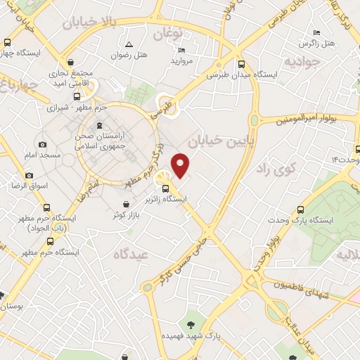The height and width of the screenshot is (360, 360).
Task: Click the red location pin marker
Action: [x=181, y=166]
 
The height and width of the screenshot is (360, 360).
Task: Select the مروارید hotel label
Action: [x=182, y=60]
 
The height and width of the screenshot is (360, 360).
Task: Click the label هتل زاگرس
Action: [x=317, y=44]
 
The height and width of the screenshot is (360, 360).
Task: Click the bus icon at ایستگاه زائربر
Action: [x=166, y=188]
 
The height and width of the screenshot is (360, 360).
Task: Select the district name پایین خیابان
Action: [x=217, y=141]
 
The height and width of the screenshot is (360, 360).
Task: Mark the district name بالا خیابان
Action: [x=91, y=25]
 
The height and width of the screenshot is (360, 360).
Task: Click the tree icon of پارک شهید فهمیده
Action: [x=191, y=324]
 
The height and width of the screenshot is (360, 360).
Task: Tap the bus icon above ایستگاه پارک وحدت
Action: [x=302, y=209]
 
